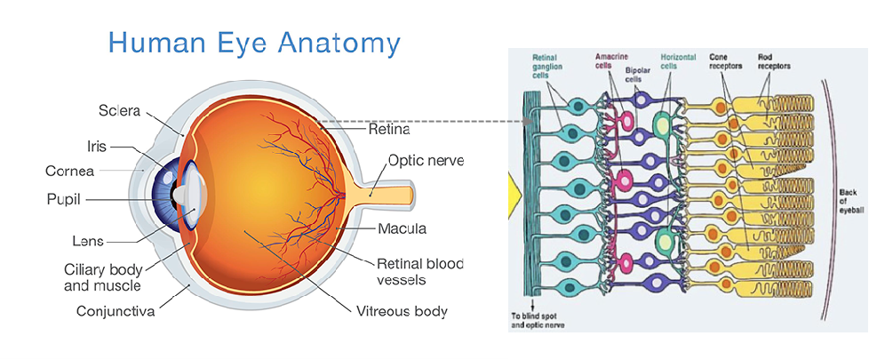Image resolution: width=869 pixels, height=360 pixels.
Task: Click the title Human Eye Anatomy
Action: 254,44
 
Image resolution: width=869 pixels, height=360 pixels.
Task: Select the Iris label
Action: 98,147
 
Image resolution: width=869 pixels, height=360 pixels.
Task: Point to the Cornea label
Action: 70,172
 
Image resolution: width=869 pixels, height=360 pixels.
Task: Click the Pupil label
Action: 64,199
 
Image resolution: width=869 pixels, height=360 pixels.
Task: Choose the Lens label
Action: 89,241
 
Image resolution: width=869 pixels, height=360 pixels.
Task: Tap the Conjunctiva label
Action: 116,310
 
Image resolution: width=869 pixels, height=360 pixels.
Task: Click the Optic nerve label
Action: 425,161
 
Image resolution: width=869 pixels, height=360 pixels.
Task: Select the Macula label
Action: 402,228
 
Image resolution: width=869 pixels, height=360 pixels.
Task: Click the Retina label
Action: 388,130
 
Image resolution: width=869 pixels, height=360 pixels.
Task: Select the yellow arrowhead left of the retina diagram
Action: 514,197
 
